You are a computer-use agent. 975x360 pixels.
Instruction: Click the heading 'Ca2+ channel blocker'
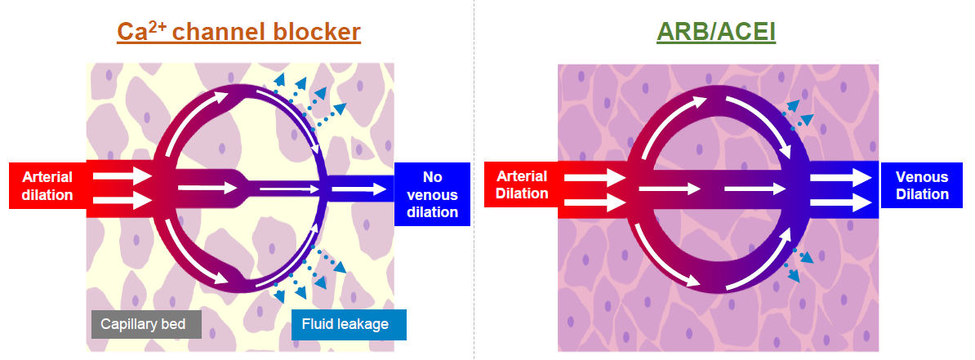click(x=239, y=32)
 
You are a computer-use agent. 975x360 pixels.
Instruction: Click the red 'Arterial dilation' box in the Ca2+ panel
click(x=47, y=185)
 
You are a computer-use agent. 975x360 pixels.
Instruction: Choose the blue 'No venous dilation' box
click(x=432, y=195)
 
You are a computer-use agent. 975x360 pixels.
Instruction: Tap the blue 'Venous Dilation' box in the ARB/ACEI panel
click(x=921, y=185)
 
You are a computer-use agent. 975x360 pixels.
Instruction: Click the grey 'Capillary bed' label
click(x=143, y=324)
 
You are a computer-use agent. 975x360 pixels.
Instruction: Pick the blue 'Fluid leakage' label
click(x=349, y=324)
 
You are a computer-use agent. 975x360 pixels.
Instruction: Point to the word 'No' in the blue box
click(x=432, y=176)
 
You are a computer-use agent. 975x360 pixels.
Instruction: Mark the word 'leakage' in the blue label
click(x=366, y=324)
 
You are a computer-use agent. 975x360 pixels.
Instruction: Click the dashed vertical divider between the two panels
click(x=474, y=180)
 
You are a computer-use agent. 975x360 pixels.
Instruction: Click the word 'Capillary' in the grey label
click(x=127, y=324)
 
